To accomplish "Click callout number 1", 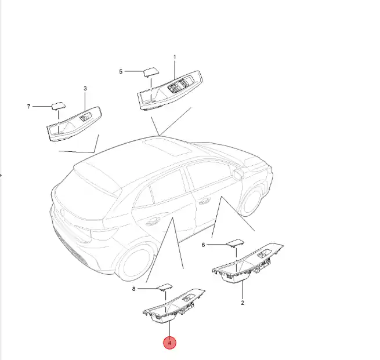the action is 175,57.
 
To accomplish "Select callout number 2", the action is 243,303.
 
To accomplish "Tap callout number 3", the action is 85,89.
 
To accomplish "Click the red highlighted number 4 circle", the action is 169,343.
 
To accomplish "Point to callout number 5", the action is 121,72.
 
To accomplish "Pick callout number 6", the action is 203,245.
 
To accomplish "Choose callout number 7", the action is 28,107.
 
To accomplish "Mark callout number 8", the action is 133,289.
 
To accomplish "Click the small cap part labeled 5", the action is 151,72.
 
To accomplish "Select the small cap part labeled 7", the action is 59,106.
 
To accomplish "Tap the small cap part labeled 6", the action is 236,243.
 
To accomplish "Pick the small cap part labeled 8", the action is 165,287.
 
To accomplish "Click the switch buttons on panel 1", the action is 180,85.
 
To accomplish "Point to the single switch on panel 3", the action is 85,117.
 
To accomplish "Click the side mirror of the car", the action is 237,174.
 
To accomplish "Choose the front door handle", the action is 204,201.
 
